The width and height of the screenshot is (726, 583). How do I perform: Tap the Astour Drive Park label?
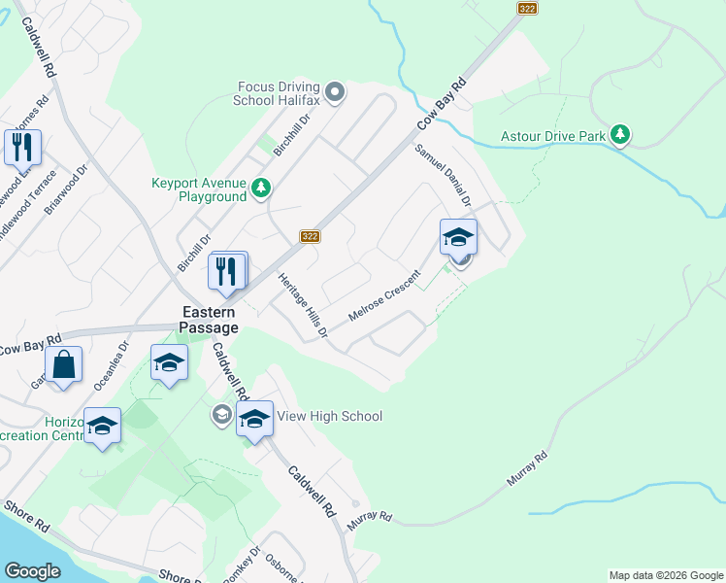point(553,136)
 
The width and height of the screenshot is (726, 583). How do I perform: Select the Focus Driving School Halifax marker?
point(336,93)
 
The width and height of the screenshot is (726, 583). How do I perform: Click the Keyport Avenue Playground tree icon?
point(260,188)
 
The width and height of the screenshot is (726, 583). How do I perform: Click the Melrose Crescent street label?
point(382,302)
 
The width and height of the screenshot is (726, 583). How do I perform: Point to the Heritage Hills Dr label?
point(303,304)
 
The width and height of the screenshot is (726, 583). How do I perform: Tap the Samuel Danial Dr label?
point(443,176)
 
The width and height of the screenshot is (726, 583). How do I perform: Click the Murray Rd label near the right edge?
point(527,468)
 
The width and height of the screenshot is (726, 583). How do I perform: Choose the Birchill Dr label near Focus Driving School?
point(291,134)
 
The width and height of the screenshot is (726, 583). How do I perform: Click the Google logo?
point(33,571)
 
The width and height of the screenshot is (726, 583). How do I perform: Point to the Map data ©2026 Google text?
point(666,575)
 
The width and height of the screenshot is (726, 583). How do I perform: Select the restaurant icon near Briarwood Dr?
point(22,147)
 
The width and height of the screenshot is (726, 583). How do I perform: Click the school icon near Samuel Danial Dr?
point(458,236)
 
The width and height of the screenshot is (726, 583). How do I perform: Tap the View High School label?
point(330,416)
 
